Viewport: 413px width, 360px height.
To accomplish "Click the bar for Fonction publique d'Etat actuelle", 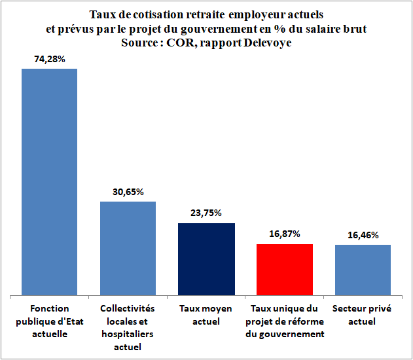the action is click(x=50, y=182).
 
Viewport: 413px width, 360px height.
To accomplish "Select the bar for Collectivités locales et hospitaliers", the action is click(x=128, y=248).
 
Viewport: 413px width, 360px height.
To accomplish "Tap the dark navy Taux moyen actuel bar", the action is click(x=207, y=259).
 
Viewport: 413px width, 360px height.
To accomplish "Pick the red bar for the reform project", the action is click(x=285, y=270).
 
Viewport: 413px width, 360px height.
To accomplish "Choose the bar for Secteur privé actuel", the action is click(x=363, y=270).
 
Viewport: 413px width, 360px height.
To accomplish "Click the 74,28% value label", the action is click(x=50, y=60).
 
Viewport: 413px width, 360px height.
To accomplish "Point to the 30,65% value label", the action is click(x=128, y=192).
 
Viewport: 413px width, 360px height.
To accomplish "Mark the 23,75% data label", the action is click(x=206, y=213).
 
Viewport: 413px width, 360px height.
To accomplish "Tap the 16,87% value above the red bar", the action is click(x=285, y=234).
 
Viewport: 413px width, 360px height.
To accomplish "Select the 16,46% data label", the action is click(x=363, y=235).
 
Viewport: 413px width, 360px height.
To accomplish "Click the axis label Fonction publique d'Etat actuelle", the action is click(x=50, y=321).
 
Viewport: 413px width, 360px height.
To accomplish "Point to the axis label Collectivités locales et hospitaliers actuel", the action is click(x=128, y=328).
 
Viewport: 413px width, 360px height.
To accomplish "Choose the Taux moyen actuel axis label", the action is click(x=206, y=315).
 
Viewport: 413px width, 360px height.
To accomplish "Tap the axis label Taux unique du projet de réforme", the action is click(x=285, y=321).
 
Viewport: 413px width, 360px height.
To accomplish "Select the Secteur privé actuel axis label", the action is click(x=362, y=315).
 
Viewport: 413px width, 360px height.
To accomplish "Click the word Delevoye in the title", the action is click(x=268, y=43).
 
